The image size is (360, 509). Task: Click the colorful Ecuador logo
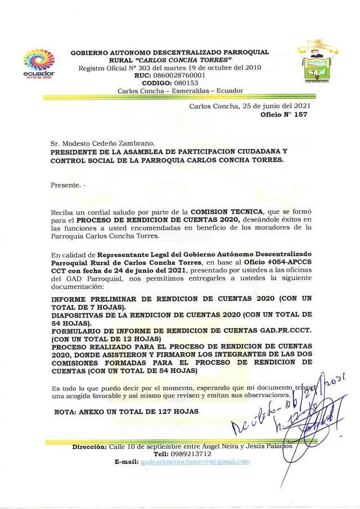(x=39, y=64)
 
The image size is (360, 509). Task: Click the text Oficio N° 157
(x=284, y=114)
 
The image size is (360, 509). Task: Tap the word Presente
(x=66, y=184)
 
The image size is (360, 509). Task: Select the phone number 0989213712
(x=191, y=454)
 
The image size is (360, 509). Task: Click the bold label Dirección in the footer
(x=89, y=447)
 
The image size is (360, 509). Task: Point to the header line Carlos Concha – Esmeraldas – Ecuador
(x=180, y=91)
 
